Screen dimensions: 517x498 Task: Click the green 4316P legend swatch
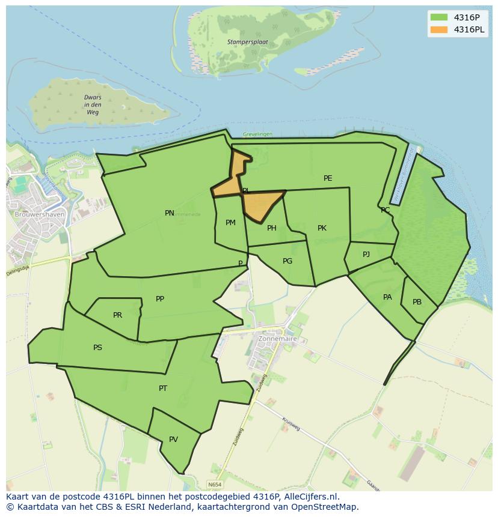click(x=439, y=17)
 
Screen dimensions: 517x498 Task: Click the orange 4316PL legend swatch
click(x=439, y=29)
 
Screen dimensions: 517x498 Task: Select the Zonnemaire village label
click(x=277, y=339)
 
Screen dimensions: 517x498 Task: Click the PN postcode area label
click(x=170, y=213)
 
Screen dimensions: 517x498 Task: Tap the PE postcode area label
click(x=328, y=178)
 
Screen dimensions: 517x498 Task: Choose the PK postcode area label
click(x=322, y=228)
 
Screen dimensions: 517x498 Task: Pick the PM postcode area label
click(x=230, y=223)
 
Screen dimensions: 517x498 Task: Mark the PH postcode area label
click(x=272, y=228)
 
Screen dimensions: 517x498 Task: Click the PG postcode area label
click(x=287, y=261)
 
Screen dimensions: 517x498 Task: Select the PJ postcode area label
click(x=366, y=255)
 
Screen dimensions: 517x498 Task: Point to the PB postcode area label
click(x=417, y=302)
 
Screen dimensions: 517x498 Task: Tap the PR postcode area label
click(x=117, y=315)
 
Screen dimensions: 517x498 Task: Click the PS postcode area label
click(x=97, y=348)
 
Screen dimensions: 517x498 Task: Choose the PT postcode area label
click(x=163, y=389)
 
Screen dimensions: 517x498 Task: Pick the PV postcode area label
click(x=173, y=440)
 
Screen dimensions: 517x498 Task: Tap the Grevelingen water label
click(x=258, y=134)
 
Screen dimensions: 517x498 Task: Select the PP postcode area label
click(x=160, y=299)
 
